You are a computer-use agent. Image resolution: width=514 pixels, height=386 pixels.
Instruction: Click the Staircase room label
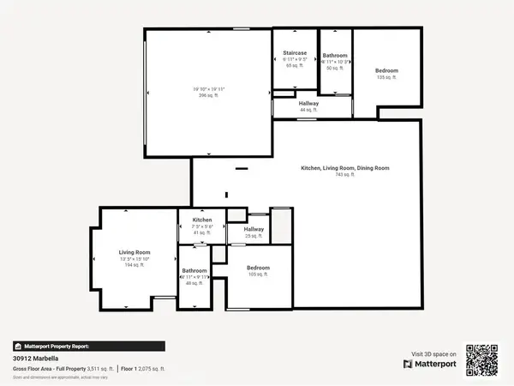click(295, 53)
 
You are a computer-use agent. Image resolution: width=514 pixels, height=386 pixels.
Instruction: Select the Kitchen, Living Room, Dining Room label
click(345, 168)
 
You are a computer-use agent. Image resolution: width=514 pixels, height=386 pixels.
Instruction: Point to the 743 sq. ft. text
click(345, 174)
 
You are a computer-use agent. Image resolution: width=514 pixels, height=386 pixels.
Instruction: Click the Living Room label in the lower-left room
click(134, 251)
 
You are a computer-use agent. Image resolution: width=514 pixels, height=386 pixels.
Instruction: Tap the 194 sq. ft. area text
click(134, 264)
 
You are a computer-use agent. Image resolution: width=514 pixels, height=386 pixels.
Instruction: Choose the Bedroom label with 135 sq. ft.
click(387, 70)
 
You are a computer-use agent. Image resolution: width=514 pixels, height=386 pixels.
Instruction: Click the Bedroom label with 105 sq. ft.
click(259, 267)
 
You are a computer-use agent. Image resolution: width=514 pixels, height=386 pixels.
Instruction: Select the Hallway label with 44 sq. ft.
click(308, 105)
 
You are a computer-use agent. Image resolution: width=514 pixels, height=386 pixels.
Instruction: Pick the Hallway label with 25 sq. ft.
click(254, 229)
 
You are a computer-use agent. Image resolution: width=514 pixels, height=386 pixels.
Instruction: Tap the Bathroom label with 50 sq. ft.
click(334, 55)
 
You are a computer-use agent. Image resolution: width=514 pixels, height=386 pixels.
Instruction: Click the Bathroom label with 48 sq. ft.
click(194, 271)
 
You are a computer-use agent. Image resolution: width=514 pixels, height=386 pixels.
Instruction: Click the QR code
click(481, 359)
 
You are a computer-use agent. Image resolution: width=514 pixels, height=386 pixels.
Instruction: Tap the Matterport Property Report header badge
click(75, 347)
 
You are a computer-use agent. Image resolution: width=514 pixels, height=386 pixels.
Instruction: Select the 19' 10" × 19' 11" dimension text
click(209, 88)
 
